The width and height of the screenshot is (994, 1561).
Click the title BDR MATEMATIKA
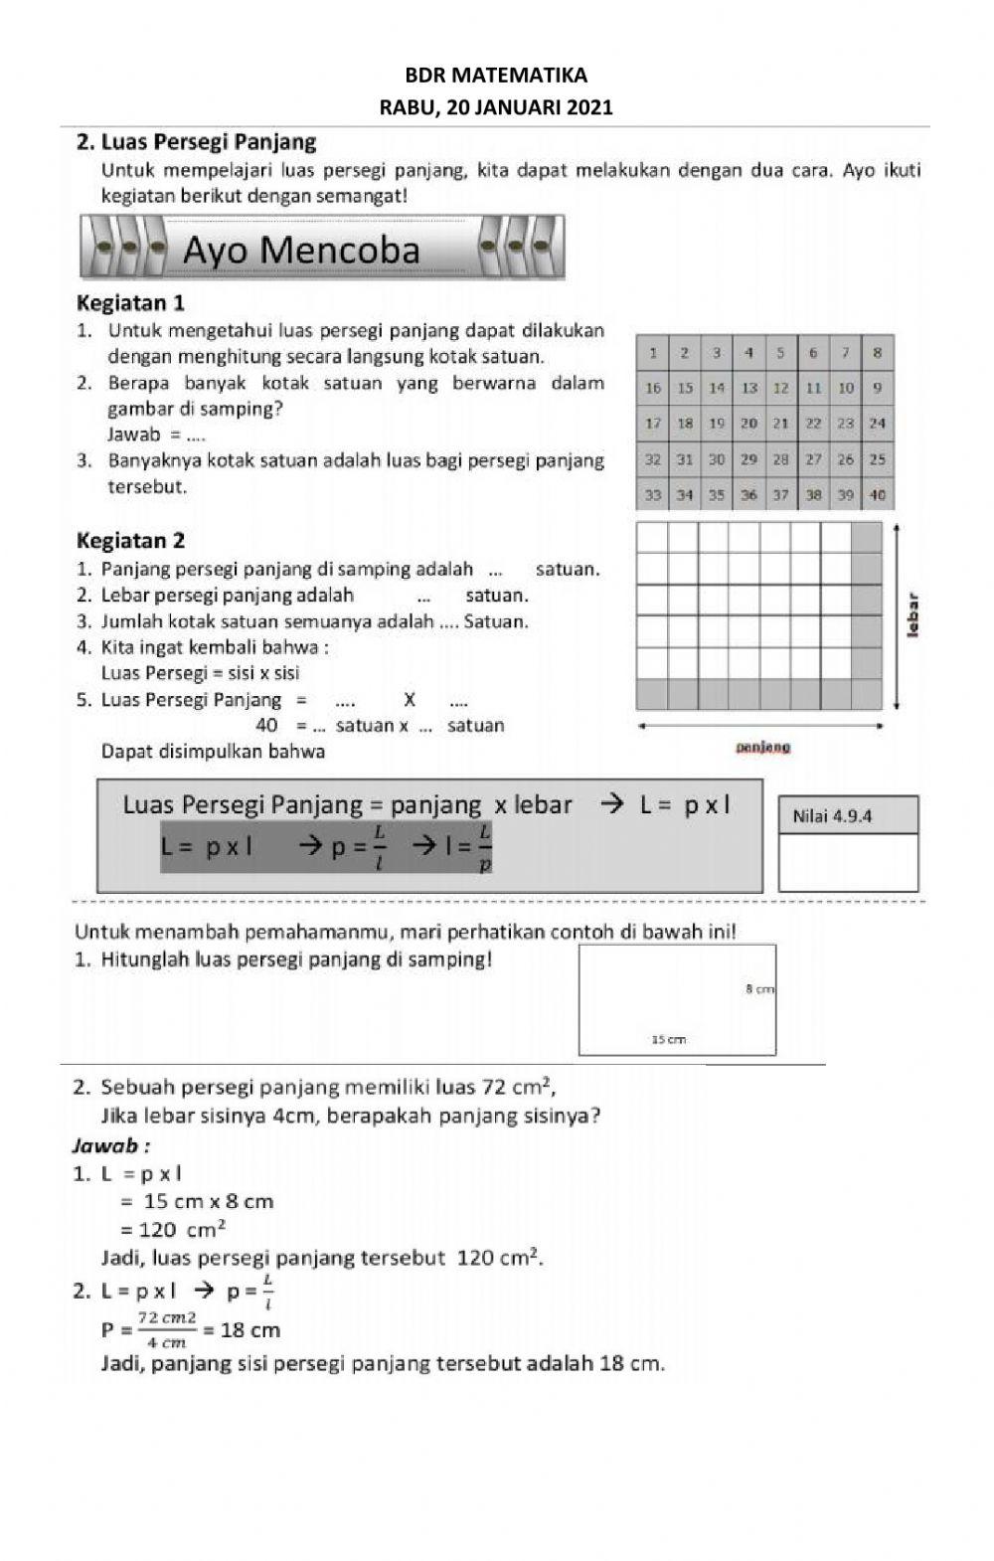tap(496, 76)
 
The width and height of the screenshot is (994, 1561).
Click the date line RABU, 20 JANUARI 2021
tap(496, 108)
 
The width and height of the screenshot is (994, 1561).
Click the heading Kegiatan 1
tap(130, 302)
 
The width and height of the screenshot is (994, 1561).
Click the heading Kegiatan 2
tap(130, 541)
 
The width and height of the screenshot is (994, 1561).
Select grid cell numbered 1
tap(653, 352)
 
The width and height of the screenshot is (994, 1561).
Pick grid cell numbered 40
tap(877, 494)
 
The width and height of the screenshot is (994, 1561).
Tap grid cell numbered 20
tap(748, 423)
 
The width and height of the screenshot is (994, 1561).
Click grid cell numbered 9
tap(877, 388)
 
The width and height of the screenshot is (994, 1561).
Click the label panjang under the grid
tap(762, 747)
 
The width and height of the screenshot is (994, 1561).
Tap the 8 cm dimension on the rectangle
tap(759, 989)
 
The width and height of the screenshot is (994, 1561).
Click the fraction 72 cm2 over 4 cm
tap(166, 1328)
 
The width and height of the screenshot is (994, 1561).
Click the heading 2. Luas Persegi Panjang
tap(196, 142)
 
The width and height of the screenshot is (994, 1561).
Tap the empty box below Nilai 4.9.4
tap(848, 862)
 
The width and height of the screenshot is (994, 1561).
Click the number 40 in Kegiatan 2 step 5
tap(266, 726)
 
